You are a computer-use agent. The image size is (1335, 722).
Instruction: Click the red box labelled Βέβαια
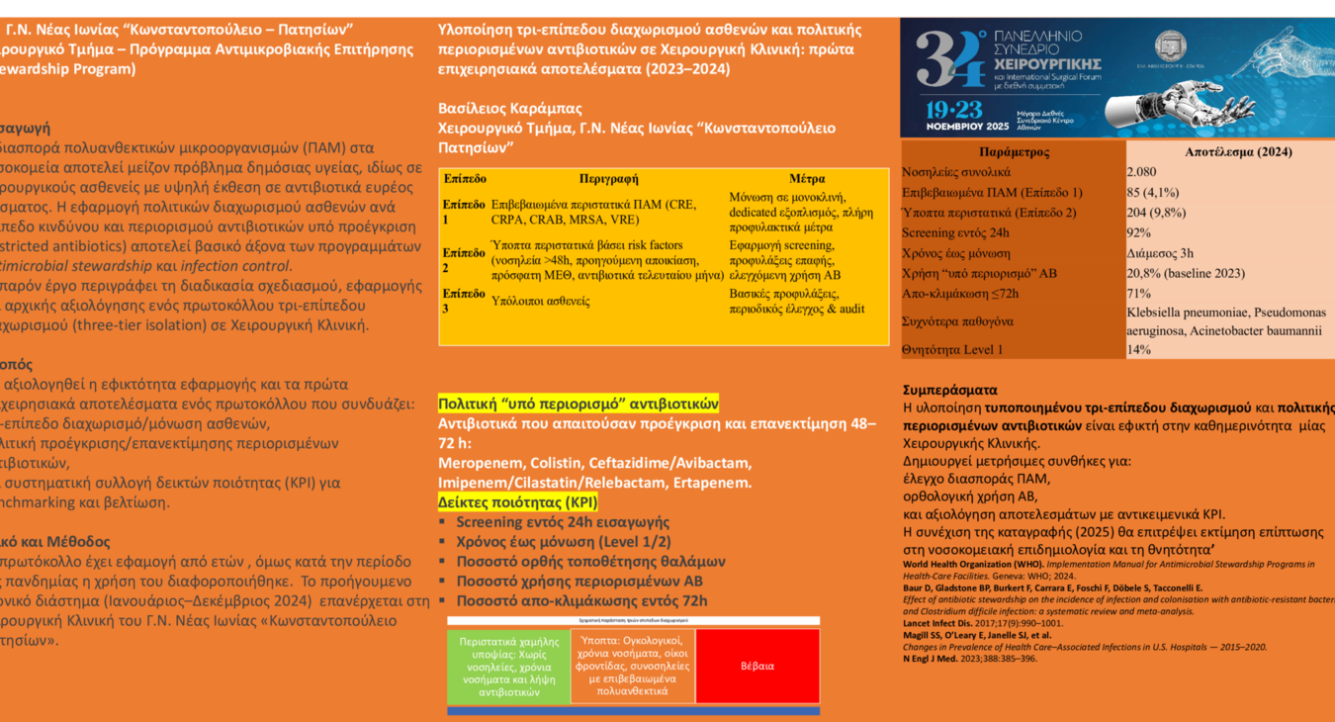point(757,667)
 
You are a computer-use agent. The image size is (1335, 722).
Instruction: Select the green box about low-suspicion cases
point(508,667)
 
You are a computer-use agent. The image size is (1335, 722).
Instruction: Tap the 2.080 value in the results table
point(1141,172)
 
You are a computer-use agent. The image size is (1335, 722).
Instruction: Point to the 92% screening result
point(1138,232)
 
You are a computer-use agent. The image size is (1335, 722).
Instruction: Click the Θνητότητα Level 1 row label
point(952,349)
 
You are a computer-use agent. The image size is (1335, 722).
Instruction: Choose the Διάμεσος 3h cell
point(1160,253)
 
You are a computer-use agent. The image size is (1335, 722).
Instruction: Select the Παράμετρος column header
point(1014,152)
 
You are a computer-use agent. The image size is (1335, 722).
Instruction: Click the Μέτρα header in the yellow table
point(807,179)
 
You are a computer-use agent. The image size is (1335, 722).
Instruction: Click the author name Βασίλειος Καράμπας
point(510,108)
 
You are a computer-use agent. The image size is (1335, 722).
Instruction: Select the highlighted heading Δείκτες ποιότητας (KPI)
point(517,501)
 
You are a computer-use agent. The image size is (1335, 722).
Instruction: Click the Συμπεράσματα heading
point(950,390)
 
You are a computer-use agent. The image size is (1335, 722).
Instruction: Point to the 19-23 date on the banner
point(955,109)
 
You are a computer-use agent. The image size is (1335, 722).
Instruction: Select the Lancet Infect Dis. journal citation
point(941,623)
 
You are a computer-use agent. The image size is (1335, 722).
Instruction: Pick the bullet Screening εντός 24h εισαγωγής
point(562,521)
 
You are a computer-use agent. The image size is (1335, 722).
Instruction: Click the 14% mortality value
point(1138,349)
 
